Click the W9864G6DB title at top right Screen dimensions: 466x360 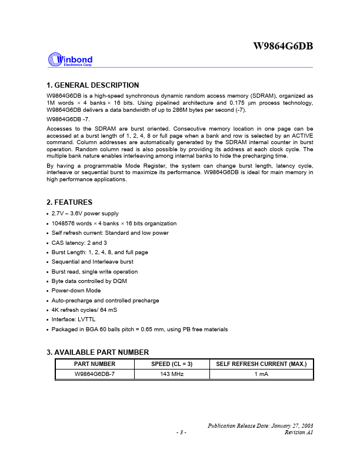pos(283,46)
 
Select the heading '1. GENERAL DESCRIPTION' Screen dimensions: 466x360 pos(92,85)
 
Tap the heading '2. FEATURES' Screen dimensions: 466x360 pos(69,202)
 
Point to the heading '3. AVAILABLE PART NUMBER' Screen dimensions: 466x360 pos(97,352)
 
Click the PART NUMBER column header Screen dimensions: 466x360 pos(95,364)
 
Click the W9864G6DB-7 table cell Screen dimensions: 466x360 pos(95,374)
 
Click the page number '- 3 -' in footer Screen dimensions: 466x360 pos(181,432)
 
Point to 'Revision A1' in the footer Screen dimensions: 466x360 pos(299,432)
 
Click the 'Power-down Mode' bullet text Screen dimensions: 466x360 pos(76,291)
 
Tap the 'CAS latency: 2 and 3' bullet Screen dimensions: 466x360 pos(79,242)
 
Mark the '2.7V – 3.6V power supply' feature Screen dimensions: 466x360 pos(85,214)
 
